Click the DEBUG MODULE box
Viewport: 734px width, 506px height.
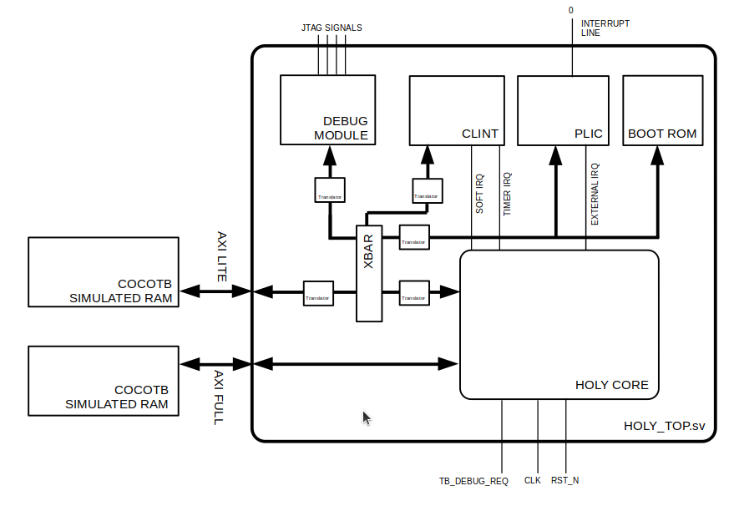[x=327, y=110]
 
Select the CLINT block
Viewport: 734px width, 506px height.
[x=456, y=110]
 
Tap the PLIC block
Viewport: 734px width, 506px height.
[x=564, y=110]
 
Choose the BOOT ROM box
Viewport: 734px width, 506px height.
[x=661, y=110]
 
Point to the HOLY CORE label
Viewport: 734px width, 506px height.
[x=611, y=385]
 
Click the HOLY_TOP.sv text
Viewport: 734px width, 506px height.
[x=664, y=425]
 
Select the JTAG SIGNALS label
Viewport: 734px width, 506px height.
[x=332, y=28]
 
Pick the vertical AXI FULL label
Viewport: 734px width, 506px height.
[x=219, y=397]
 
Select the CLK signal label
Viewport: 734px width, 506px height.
[x=533, y=481]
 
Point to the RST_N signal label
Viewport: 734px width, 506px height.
[x=565, y=481]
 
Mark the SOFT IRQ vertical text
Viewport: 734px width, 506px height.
[x=479, y=194]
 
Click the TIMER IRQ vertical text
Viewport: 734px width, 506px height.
[x=507, y=194]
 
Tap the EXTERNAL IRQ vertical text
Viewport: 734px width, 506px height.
[x=595, y=194]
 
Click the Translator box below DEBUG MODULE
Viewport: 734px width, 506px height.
[x=329, y=190]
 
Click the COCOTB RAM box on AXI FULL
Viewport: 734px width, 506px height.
[x=104, y=381]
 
